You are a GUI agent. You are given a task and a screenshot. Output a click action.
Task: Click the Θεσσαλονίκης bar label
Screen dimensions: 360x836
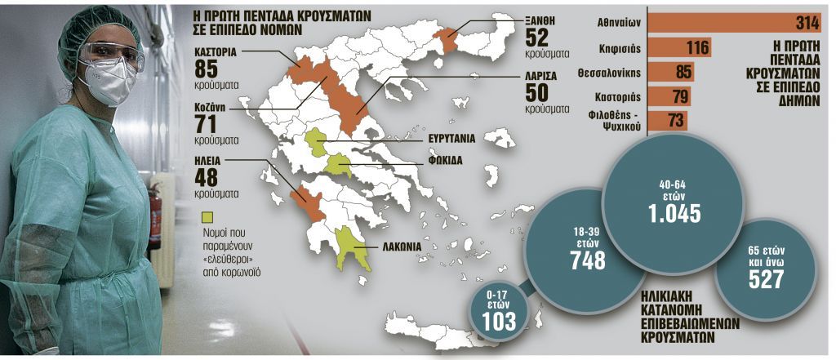point(630,73)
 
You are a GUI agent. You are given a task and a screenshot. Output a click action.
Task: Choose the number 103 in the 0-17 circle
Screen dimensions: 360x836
point(498,320)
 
